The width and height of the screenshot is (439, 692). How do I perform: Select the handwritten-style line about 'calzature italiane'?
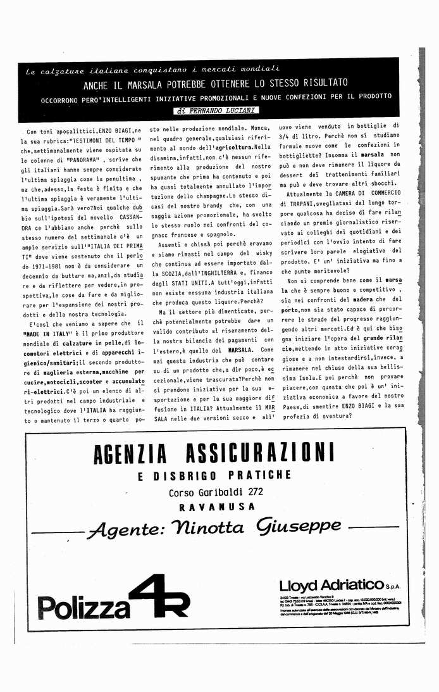[152, 69]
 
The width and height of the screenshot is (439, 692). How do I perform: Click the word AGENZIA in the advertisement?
[129, 453]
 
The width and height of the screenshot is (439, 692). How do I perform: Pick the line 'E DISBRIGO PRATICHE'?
[214, 475]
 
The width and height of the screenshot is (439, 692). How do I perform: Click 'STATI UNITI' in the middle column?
[183, 284]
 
